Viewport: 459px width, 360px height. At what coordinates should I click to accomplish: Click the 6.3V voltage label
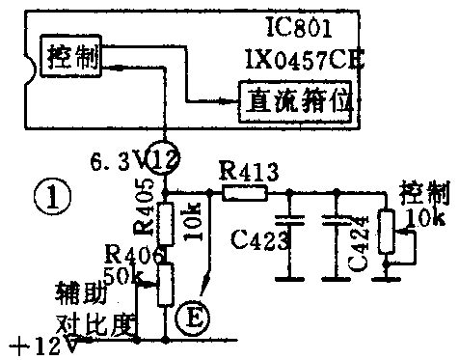[x=115, y=158]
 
